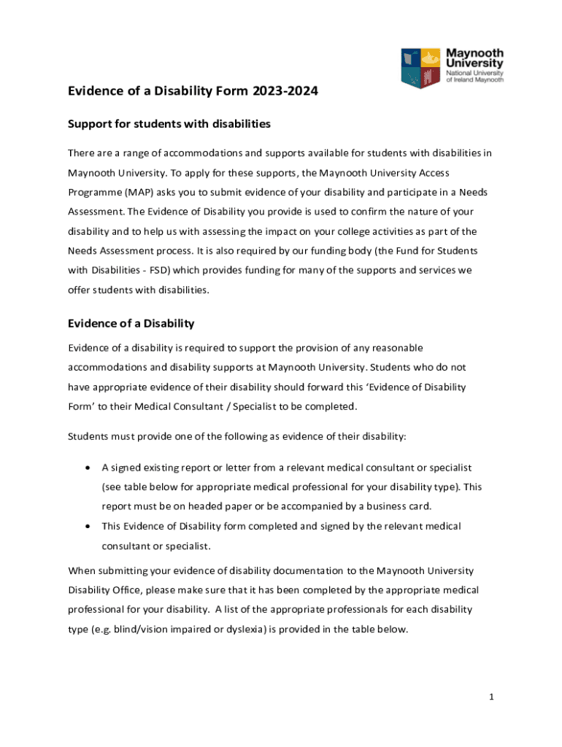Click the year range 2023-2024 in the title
pos(286,92)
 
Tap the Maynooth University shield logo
pos(421,68)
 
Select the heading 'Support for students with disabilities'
pos(169,124)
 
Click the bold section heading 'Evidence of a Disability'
pos(131,323)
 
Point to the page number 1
pos(492,697)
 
